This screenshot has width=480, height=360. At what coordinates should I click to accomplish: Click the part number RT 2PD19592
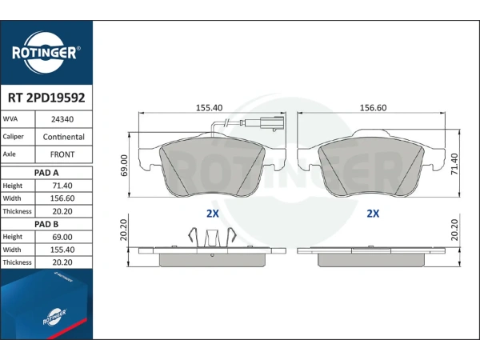point(46,98)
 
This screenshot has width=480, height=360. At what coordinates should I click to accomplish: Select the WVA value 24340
point(62,119)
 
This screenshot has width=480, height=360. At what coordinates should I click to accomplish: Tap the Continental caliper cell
point(64,137)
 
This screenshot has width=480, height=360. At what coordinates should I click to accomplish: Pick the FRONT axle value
point(62,154)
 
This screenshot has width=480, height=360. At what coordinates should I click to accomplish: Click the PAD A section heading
point(46,173)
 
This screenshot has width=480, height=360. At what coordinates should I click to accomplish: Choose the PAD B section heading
point(46,224)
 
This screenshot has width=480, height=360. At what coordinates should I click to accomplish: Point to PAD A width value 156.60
point(62,198)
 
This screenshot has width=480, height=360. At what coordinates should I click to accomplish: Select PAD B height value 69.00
point(62,238)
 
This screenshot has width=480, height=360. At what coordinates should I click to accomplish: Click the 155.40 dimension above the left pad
point(210,108)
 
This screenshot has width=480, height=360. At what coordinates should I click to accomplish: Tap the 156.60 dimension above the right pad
point(373,108)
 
